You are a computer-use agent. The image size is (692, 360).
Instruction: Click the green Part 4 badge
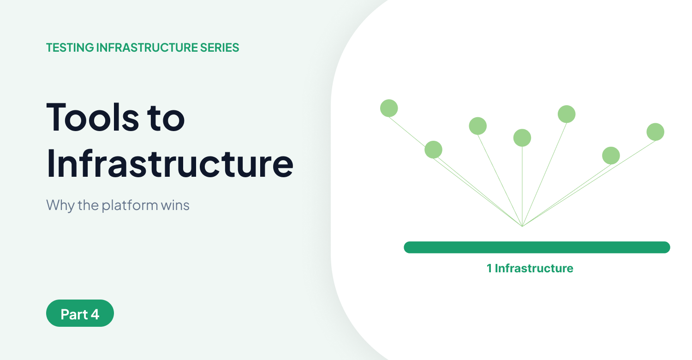[80, 313]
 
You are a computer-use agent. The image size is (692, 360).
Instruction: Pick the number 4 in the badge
[95, 314]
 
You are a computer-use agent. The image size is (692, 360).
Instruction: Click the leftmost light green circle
[389, 108]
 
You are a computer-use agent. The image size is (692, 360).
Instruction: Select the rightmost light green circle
[655, 132]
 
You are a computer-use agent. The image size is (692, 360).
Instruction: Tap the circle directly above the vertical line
[522, 138]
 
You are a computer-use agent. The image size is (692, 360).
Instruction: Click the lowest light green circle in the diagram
[611, 156]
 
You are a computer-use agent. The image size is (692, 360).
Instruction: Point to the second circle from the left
[433, 150]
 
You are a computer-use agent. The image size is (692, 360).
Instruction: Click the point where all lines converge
[522, 226]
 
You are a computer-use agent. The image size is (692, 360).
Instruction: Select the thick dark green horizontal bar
[537, 247]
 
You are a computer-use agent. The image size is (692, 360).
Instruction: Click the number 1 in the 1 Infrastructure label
[489, 268]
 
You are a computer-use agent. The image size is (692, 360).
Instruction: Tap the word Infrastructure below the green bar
[534, 268]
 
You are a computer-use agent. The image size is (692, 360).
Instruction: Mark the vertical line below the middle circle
[522, 185]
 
